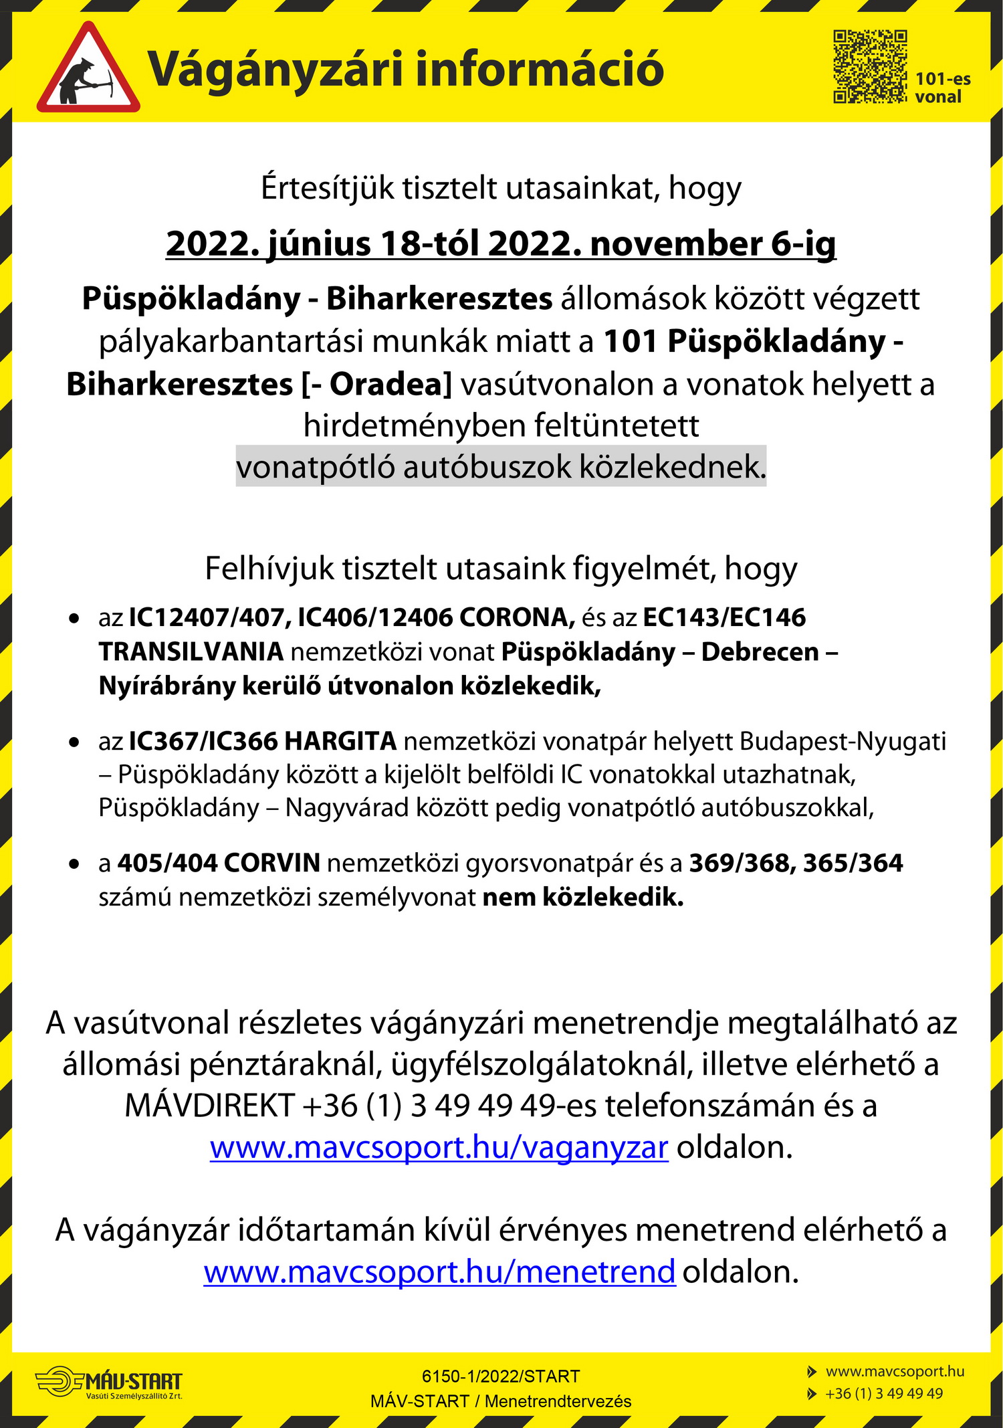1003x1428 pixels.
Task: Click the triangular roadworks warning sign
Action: coord(88,71)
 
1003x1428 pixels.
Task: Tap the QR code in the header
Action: coord(869,66)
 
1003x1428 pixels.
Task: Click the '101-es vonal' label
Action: coord(942,88)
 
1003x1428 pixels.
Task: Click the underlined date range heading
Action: coord(501,243)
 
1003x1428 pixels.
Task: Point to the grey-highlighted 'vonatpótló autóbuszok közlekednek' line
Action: coord(501,467)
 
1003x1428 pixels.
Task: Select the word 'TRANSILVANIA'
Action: coord(191,651)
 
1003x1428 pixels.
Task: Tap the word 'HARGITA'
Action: coord(340,741)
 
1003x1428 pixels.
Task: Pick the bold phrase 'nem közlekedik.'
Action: coord(583,897)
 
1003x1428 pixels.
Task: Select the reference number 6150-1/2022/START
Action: coord(501,1376)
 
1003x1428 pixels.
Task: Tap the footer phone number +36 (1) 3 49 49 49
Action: coord(884,1393)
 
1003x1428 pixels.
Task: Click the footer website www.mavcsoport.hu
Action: coord(895,1371)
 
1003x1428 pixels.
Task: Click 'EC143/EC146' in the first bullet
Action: coord(724,617)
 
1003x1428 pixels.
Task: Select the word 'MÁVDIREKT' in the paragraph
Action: coord(209,1106)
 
